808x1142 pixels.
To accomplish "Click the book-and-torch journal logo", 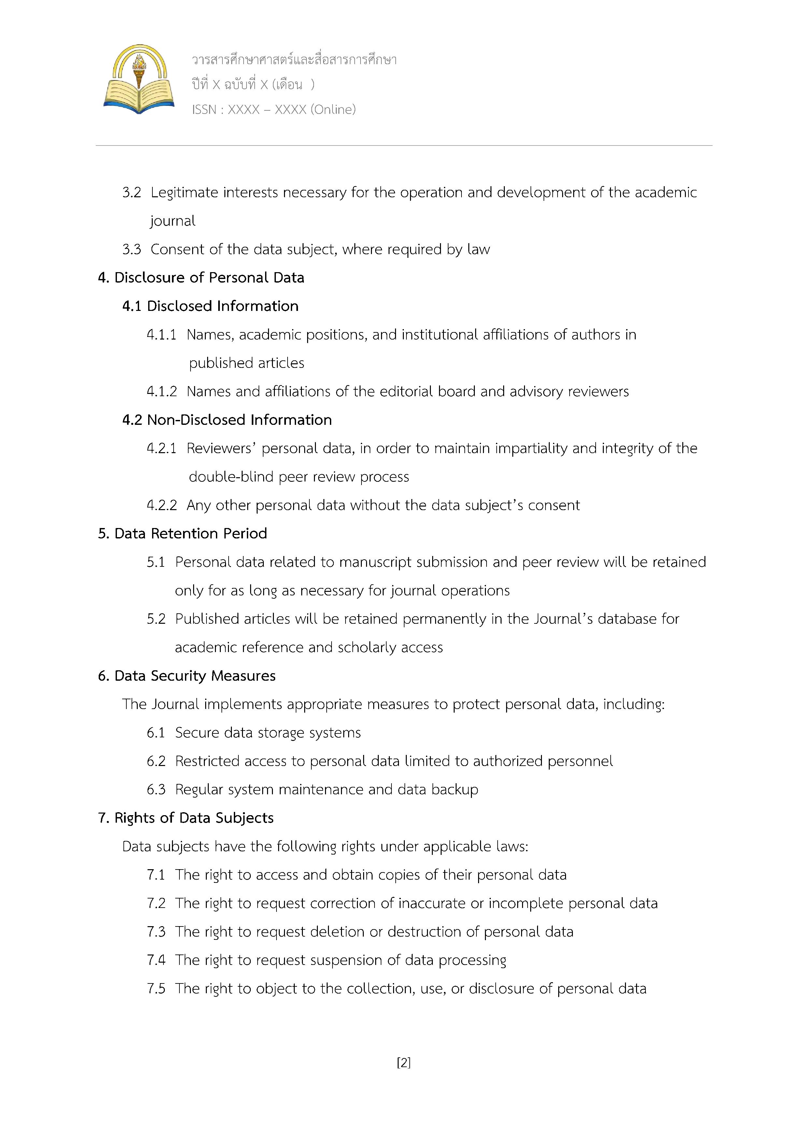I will click(139, 79).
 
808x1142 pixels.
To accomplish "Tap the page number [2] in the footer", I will click(404, 1063).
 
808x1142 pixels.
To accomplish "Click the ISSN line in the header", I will click(274, 109).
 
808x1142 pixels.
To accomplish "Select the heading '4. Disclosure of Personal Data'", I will click(201, 278).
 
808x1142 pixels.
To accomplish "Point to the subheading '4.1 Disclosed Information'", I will click(210, 306).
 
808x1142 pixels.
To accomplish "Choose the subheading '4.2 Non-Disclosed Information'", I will click(227, 420).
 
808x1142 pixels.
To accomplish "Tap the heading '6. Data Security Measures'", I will click(187, 675).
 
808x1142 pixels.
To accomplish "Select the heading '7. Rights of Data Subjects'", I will click(186, 818).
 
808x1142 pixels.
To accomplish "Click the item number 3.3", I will click(132, 249).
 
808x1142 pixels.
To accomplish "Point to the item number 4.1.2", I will click(162, 391).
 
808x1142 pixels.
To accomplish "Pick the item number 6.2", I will click(156, 761).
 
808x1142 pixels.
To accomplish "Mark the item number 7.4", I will click(156, 960).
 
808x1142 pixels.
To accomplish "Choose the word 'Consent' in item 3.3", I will click(177, 249).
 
